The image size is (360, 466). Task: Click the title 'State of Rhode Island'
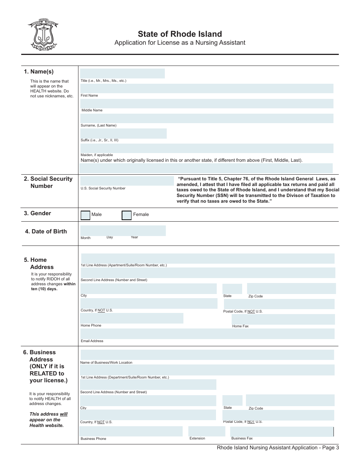tap(180, 34)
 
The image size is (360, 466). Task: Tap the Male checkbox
tap(86, 215)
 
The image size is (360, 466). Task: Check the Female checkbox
tap(127, 215)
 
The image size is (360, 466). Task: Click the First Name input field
tap(207, 89)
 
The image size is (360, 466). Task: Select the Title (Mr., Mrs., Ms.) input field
tap(122, 73)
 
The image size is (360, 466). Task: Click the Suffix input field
tap(123, 133)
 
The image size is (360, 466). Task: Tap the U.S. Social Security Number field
tap(127, 181)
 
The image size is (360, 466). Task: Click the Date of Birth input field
tap(123, 230)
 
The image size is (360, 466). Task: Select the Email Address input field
tap(207, 334)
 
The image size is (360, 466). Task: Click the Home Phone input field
tap(131, 318)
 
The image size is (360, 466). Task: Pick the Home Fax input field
tap(283, 319)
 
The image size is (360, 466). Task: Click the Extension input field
tap(207, 431)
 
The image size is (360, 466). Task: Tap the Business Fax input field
tap(282, 432)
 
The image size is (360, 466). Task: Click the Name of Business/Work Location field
tap(207, 355)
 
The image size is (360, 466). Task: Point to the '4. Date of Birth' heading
tap(45, 231)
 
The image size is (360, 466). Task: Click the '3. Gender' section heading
tap(37, 213)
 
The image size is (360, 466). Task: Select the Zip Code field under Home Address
tap(291, 288)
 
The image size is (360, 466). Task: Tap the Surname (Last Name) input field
tap(207, 119)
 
